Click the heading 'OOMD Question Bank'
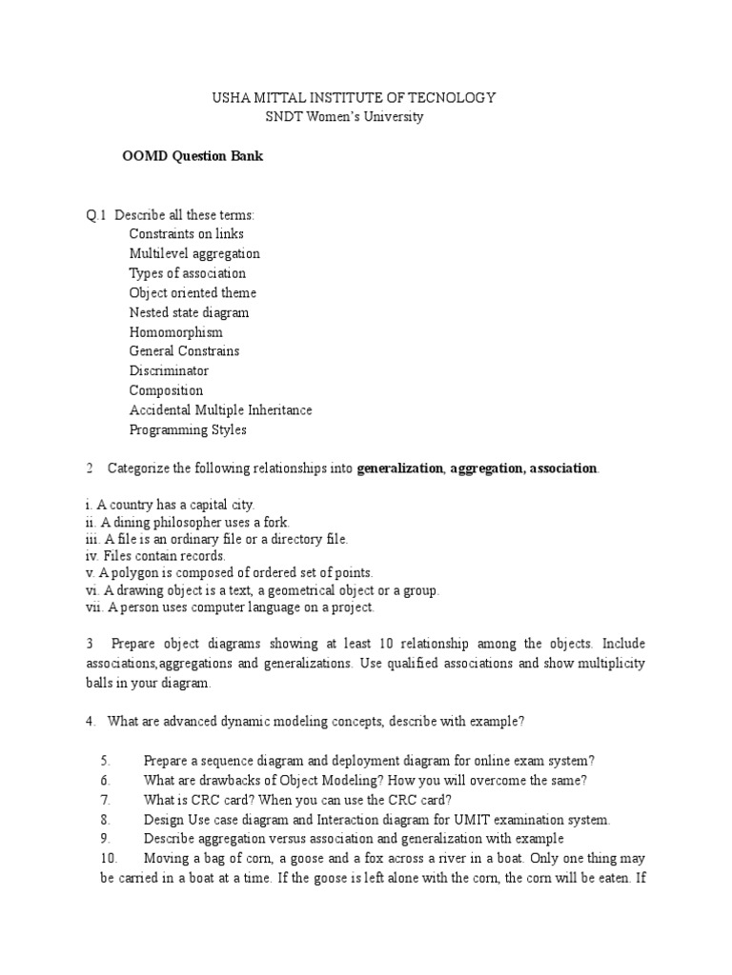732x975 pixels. click(x=192, y=157)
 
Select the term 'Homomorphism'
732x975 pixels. click(x=176, y=332)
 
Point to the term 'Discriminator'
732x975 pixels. click(x=169, y=371)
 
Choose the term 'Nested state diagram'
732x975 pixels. click(x=190, y=312)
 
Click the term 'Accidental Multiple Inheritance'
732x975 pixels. click(x=220, y=410)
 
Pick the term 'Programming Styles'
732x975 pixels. click(x=188, y=430)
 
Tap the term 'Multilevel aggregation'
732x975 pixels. click(x=194, y=254)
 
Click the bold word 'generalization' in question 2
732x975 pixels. click(x=400, y=468)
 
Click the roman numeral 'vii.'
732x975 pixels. click(x=94, y=607)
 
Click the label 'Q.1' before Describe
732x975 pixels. click(x=96, y=214)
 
